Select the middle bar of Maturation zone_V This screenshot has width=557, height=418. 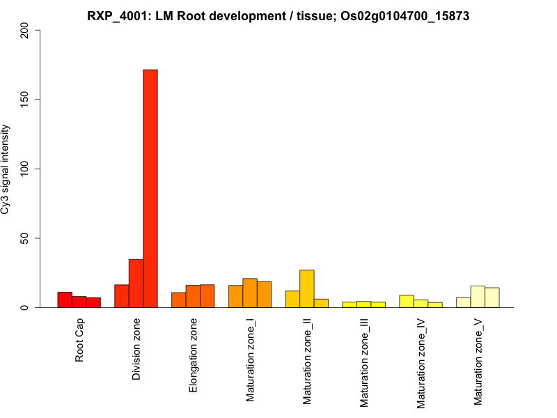[x=478, y=297]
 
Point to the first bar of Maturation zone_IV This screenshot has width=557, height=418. [x=407, y=302]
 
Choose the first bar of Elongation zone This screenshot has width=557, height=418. [x=179, y=300]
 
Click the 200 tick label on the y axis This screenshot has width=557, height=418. [x=26, y=30]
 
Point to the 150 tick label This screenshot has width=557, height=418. [x=26, y=100]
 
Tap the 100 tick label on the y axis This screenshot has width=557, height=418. [x=26, y=169]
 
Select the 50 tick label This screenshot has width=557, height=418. [x=26, y=238]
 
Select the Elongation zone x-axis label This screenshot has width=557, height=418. [x=194, y=355]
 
